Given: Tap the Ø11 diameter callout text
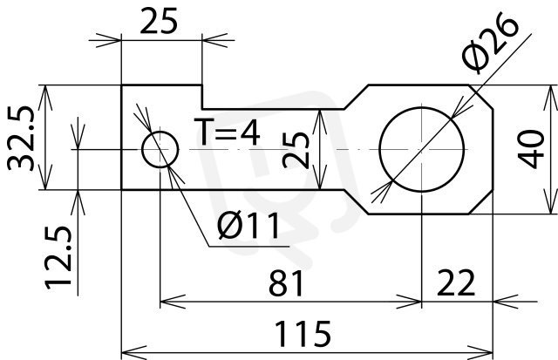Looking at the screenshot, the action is (x=248, y=226).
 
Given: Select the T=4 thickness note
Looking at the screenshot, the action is (x=227, y=132).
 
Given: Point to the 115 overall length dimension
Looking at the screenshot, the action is (x=303, y=333).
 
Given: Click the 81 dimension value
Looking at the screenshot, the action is (x=286, y=283).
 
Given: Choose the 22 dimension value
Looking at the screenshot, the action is (x=456, y=282).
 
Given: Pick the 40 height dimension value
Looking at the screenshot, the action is (x=531, y=149).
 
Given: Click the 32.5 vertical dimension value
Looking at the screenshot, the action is (x=21, y=138).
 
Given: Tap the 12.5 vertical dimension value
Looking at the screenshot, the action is (x=58, y=257).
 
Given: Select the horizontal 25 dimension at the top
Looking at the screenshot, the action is (x=159, y=21).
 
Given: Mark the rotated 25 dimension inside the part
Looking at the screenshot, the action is (x=296, y=150).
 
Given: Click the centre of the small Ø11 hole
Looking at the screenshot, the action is (x=160, y=149).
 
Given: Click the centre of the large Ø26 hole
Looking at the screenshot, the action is (x=422, y=149).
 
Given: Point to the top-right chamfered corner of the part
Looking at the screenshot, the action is (x=480, y=97).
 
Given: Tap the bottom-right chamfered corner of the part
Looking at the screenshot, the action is (x=480, y=201).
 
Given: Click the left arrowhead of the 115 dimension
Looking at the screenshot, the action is (x=133, y=352).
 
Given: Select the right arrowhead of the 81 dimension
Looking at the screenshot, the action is (x=409, y=302).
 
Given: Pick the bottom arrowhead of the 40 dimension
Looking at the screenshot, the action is (x=550, y=201).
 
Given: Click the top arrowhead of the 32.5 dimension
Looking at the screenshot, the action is (x=45, y=98).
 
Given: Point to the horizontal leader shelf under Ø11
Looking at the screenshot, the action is (x=249, y=246).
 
